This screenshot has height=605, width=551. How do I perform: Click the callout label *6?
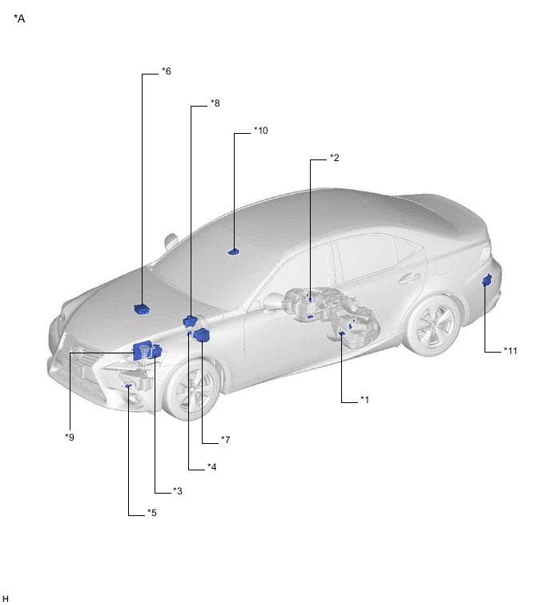tap(167, 71)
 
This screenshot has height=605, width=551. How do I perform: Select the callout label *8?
tap(215, 103)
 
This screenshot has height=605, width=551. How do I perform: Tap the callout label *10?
tap(260, 131)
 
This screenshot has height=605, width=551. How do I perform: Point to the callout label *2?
tap(334, 158)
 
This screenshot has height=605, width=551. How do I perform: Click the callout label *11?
tap(510, 351)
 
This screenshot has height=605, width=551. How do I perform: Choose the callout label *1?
tap(364, 400)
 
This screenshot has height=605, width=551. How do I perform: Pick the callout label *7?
tap(226, 440)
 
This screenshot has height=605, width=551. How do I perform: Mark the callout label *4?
tap(211, 467)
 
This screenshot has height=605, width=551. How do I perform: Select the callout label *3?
tap(177, 491)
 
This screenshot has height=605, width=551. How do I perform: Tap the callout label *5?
tap(152, 513)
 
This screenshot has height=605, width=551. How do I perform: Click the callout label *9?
tap(70, 438)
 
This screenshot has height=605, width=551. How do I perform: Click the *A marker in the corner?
tap(19, 18)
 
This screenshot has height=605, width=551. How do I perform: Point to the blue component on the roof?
tap(234, 252)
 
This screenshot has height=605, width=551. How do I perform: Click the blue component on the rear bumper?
tap(487, 280)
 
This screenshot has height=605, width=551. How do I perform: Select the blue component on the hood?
tap(142, 309)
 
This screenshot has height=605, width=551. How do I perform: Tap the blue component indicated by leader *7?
tap(202, 335)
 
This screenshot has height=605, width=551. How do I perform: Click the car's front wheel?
tap(191, 389)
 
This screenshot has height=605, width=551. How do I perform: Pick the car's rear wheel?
tap(434, 325)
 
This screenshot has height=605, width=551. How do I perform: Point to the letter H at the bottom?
tap(6, 599)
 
